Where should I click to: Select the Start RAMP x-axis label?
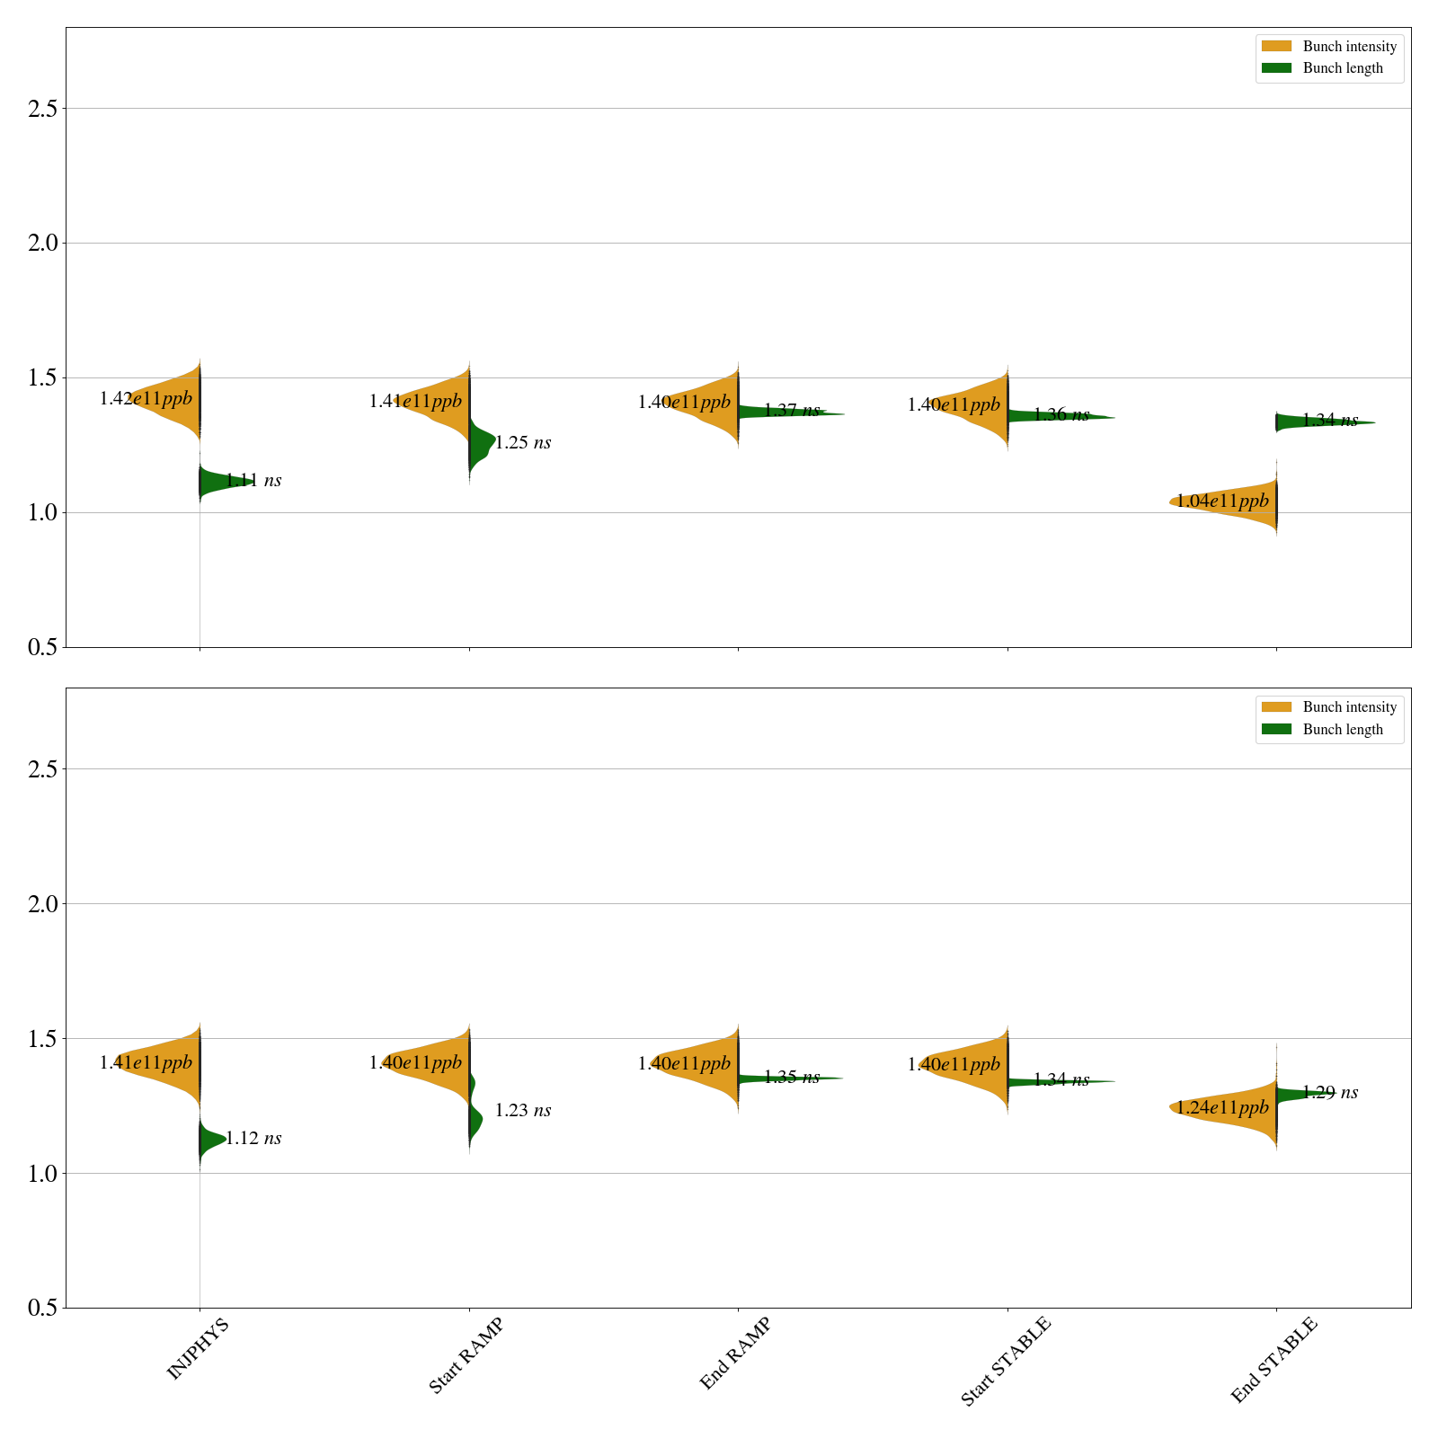click(466, 1355)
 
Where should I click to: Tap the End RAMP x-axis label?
click(735, 1354)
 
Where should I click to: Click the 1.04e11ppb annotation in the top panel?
click(1222, 501)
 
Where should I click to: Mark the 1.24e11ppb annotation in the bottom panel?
click(1222, 1107)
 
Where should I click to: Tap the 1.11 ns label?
click(253, 481)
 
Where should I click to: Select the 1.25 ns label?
click(523, 443)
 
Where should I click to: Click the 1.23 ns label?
click(523, 1111)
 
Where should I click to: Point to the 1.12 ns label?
click(253, 1139)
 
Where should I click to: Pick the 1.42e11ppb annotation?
click(146, 398)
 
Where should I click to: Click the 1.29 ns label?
click(1330, 1093)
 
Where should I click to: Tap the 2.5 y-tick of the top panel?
click(42, 109)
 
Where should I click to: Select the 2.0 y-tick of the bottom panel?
click(42, 904)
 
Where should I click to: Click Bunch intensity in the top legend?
click(1349, 47)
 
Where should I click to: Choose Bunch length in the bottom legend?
click(1343, 730)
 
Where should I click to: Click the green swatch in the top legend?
click(1276, 68)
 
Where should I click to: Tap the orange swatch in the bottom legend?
click(1276, 707)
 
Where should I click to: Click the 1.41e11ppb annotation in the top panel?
click(415, 402)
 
